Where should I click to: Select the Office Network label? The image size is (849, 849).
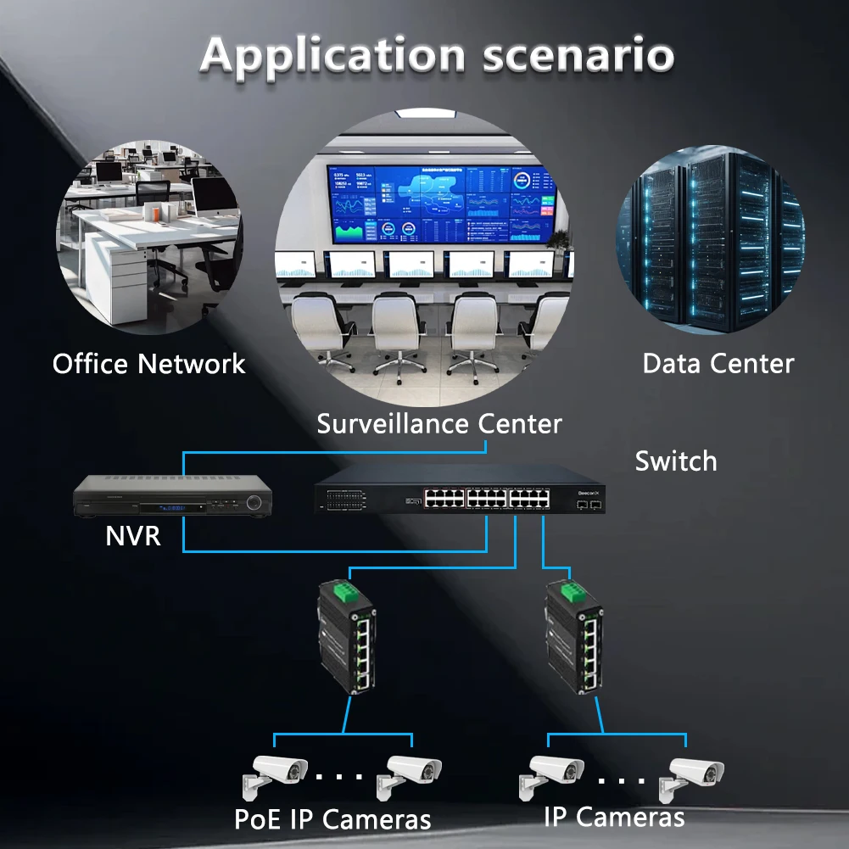[148, 364]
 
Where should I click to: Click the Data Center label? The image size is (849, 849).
[718, 364]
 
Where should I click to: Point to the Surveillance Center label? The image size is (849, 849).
[438, 423]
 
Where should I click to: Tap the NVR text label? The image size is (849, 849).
[133, 536]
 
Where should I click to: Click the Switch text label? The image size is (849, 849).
[675, 461]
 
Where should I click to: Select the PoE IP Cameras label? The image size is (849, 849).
[332, 820]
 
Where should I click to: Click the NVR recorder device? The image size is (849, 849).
[174, 498]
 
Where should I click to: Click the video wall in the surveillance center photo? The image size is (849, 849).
[439, 203]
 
